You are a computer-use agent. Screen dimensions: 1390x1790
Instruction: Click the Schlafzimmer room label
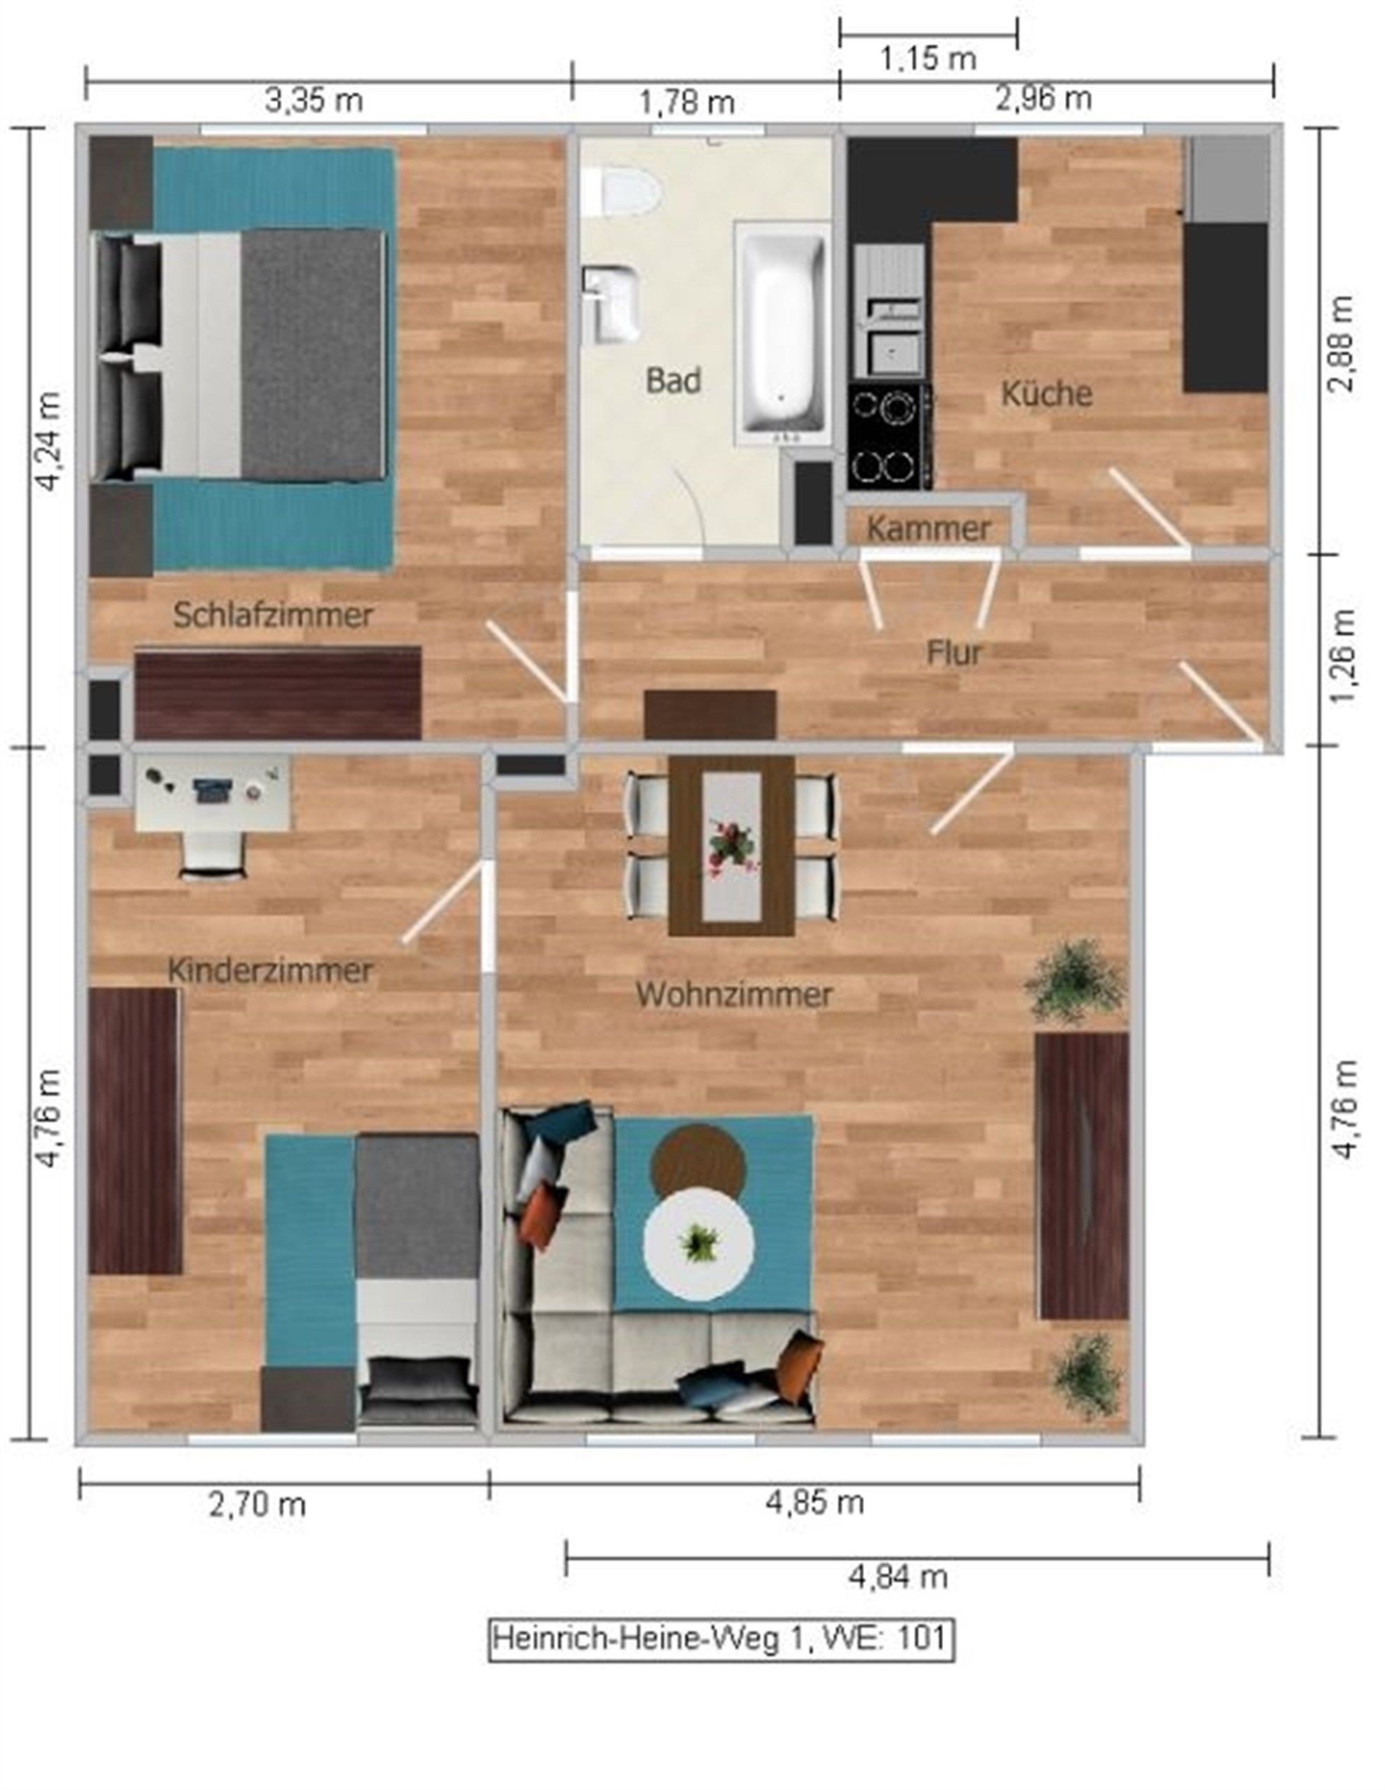coord(273,615)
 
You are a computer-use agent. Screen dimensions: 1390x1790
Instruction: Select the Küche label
coord(1047,394)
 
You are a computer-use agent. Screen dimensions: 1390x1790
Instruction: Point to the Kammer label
coord(929,529)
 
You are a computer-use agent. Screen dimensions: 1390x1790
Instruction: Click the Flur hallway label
coord(954,653)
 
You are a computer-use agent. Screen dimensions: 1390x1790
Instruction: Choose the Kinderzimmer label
coord(270,971)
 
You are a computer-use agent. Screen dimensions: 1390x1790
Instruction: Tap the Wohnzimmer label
coord(734,995)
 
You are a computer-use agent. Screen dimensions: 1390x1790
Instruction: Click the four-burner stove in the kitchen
coord(890,437)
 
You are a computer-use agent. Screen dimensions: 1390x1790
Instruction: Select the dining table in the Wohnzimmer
coord(731,845)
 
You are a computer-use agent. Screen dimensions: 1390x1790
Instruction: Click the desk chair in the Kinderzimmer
coord(213,856)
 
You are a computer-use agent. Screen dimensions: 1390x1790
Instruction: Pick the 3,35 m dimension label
coord(314,101)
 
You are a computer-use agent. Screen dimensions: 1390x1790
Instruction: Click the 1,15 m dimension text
coord(928,58)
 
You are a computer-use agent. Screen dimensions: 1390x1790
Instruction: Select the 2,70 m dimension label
coord(257,1505)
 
